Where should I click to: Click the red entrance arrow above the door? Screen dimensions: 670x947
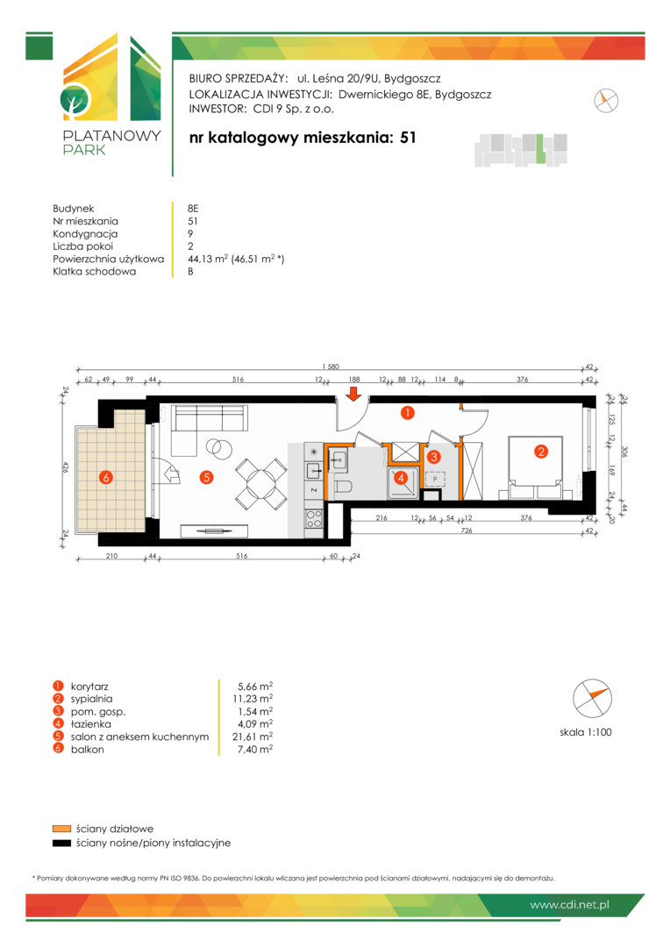pos(354,395)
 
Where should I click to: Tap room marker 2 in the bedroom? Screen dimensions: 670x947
pos(541,452)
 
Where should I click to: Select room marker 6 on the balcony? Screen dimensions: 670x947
pos(106,478)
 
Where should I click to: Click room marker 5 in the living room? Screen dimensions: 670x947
pos(207,477)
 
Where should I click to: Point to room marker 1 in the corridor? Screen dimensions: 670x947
pos(408,413)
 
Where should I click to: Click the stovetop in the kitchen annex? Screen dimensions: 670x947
pos(314,518)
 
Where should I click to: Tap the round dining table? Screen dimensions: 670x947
pos(261,483)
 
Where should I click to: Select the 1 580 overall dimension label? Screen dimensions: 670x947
pos(331,367)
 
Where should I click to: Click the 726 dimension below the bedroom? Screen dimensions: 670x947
pos(467,530)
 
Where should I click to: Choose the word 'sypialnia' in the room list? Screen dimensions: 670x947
pos(91,699)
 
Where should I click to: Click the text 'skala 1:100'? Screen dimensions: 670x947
pos(586,732)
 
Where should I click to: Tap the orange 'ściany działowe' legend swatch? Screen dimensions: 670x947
pos(61,829)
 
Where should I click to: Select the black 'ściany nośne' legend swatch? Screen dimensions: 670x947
pos(61,844)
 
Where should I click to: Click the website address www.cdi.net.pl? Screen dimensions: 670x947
pos(569,905)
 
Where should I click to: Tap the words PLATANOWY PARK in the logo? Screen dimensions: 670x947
pos(111,143)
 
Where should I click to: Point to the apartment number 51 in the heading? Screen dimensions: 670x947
pos(409,137)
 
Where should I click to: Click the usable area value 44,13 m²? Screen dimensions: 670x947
pos(208,259)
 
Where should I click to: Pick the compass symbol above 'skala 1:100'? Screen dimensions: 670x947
pos(592,698)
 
